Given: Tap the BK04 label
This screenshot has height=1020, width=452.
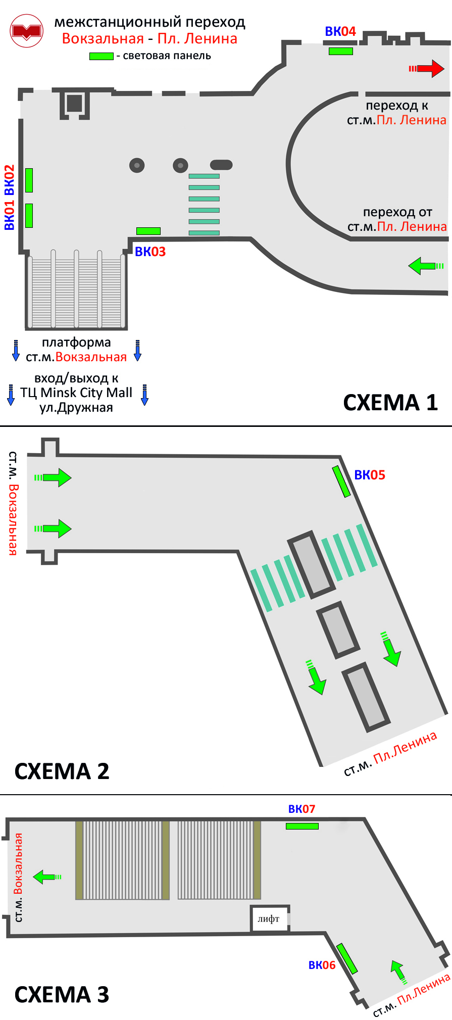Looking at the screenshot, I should click(x=340, y=31).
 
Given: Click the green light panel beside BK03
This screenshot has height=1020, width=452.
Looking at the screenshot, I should click(x=148, y=231).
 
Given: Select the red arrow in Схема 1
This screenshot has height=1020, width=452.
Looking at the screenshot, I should click(x=427, y=68).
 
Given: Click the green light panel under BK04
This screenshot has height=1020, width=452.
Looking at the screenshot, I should click(x=340, y=51).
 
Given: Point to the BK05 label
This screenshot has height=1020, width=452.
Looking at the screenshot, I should click(x=369, y=475).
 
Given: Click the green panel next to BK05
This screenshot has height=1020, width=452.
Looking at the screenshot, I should click(x=341, y=481).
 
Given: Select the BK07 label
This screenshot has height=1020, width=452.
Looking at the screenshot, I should click(x=302, y=809).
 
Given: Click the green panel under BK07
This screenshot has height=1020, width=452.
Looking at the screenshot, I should click(x=302, y=826).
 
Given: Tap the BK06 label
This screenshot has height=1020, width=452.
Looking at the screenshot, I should click(x=322, y=965).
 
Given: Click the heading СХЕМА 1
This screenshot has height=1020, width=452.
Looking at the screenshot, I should click(x=390, y=403).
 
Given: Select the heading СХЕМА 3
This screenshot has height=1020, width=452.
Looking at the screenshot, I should click(x=62, y=994).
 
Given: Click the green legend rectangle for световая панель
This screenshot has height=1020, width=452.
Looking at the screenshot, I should click(x=101, y=56).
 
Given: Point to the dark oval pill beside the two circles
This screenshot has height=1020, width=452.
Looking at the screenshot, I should click(x=221, y=165).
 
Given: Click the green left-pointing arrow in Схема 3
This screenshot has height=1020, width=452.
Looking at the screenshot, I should click(x=47, y=877).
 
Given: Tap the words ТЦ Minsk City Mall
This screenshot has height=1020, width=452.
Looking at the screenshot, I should click(x=76, y=393).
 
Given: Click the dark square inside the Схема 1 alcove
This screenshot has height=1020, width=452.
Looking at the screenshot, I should click(x=74, y=103).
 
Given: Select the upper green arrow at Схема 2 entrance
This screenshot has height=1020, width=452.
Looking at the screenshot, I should click(x=54, y=477).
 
